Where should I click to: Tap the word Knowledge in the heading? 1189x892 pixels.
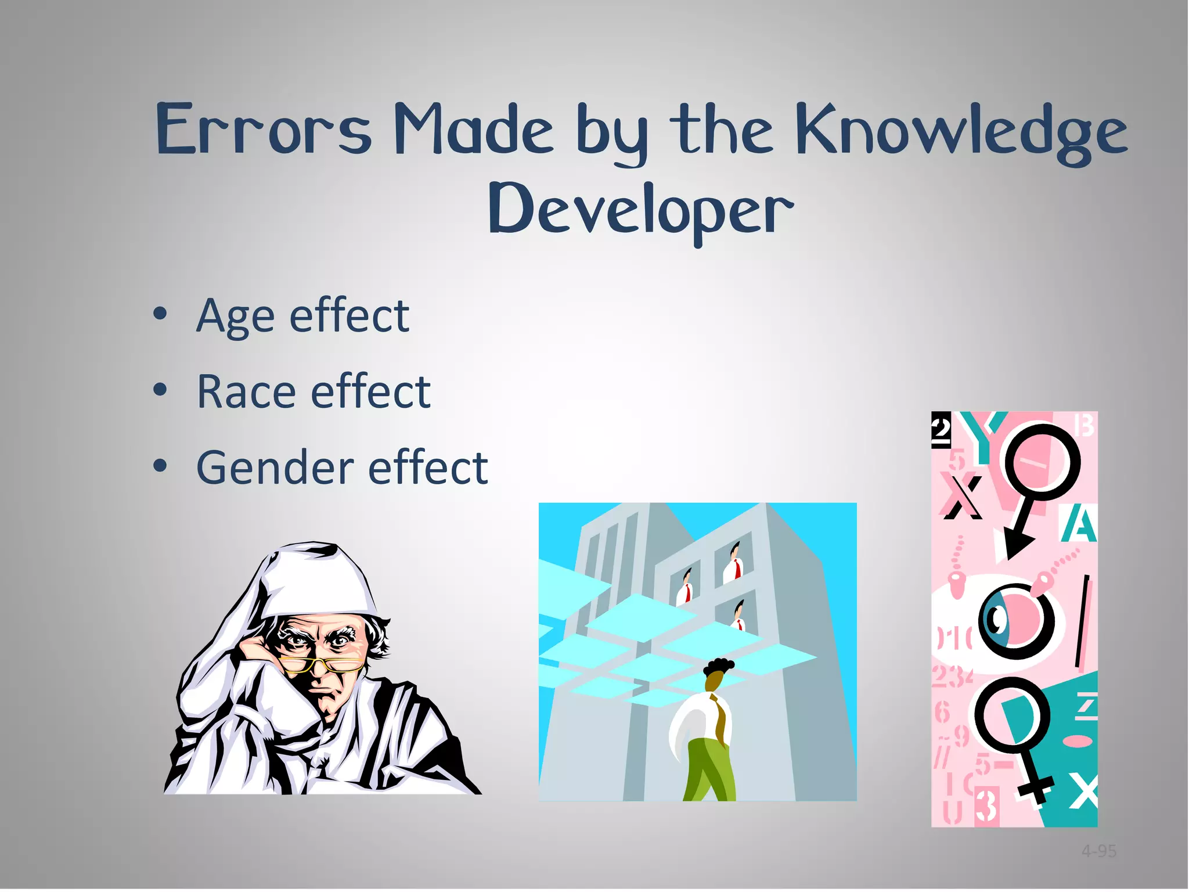click(961, 132)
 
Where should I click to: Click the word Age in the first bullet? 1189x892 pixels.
click(235, 316)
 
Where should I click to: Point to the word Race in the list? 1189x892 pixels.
click(246, 392)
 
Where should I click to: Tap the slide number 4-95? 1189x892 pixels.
click(1099, 851)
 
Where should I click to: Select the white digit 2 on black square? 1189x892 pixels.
click(941, 430)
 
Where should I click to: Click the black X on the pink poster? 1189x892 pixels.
click(961, 497)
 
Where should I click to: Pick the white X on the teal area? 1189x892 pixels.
click(1083, 791)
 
